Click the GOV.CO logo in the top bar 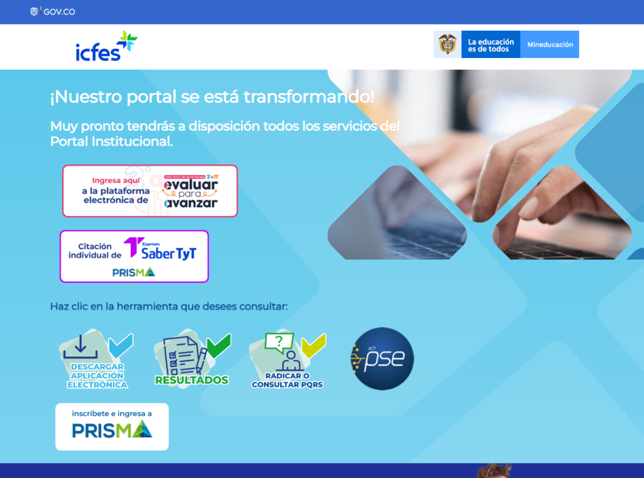[x=53, y=11]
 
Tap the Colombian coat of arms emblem [x=447, y=44]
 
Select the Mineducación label [x=550, y=45]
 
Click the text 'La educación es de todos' [x=491, y=45]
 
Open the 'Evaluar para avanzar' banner [x=150, y=191]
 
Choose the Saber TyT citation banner [x=134, y=255]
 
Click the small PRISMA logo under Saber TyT [x=133, y=272]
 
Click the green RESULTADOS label [x=191, y=380]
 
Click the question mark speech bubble [x=279, y=342]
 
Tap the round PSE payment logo [x=382, y=358]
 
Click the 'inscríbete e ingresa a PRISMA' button [x=112, y=426]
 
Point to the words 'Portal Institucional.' [x=111, y=142]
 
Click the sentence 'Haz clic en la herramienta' [x=169, y=307]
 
